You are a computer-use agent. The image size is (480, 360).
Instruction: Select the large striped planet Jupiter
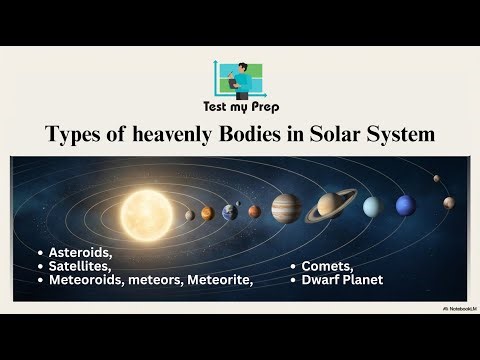click(286, 208)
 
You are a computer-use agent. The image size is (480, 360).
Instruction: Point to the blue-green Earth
click(229, 211)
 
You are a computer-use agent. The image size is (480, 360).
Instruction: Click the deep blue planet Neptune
click(404, 205)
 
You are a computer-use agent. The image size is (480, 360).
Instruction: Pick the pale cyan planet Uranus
click(371, 206)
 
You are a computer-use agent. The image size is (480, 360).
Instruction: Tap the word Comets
click(328, 267)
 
